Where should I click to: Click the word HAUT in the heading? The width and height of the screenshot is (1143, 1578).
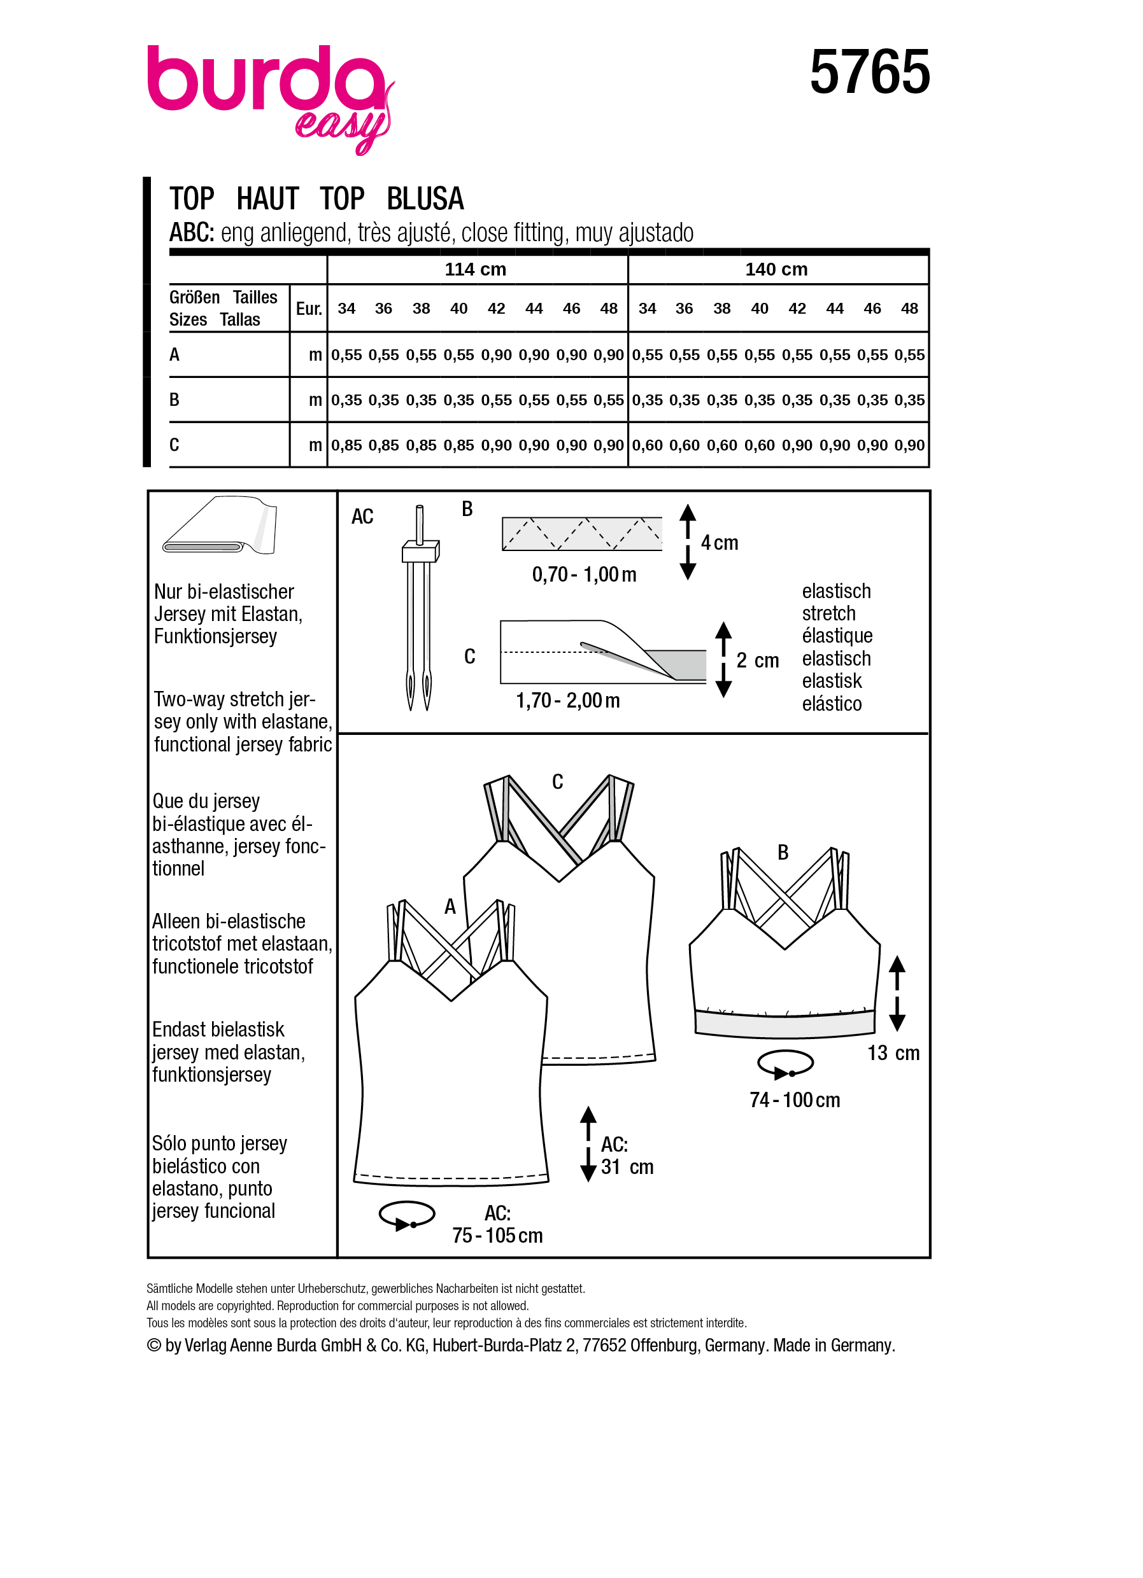(x=267, y=199)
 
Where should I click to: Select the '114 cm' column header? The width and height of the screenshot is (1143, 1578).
(x=476, y=269)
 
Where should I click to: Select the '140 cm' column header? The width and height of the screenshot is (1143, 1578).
(x=776, y=269)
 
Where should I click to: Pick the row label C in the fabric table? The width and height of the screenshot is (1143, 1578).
(x=174, y=445)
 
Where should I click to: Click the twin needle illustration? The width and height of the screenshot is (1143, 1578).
(x=418, y=612)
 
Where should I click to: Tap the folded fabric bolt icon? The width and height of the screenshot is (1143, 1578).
(x=220, y=527)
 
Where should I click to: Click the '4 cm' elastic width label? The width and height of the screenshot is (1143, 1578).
(x=719, y=543)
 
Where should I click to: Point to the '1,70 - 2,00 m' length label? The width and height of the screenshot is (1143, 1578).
(x=567, y=701)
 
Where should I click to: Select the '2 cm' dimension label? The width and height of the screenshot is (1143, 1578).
(x=757, y=660)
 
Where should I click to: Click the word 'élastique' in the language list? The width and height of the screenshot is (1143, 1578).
(x=837, y=636)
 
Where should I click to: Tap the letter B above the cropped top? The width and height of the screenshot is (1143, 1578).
(x=783, y=853)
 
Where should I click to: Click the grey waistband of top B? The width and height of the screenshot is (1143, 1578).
(x=784, y=1025)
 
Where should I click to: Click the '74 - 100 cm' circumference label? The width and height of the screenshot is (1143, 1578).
(x=794, y=1100)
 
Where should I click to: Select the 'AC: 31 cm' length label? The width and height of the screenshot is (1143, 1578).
(x=626, y=1156)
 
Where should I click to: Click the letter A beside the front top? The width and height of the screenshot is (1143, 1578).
(x=450, y=907)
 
